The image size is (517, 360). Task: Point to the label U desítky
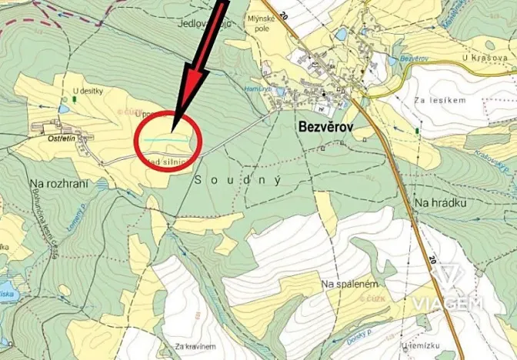coord(87,92)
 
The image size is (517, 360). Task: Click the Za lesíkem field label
coord(441,99)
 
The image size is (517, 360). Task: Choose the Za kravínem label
coord(192,346)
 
